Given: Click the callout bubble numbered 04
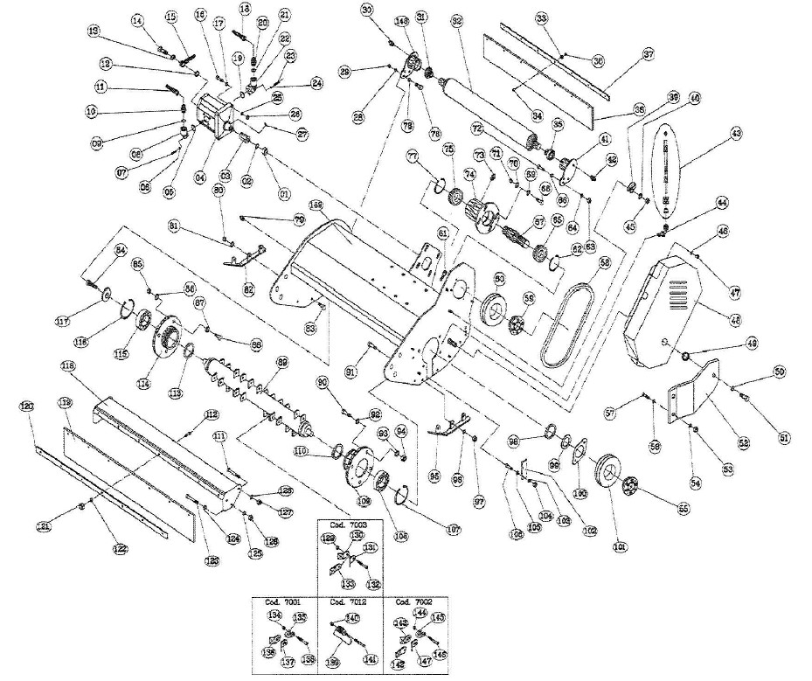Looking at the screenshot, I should (200, 177).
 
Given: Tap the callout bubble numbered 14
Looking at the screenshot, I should (137, 20).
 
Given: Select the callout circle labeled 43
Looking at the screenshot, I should (736, 132).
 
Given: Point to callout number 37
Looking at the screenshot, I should (648, 54).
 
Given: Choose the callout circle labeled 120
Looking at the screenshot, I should (27, 407).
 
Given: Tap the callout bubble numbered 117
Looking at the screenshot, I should (87, 320).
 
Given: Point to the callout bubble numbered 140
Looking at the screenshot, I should (354, 617).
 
